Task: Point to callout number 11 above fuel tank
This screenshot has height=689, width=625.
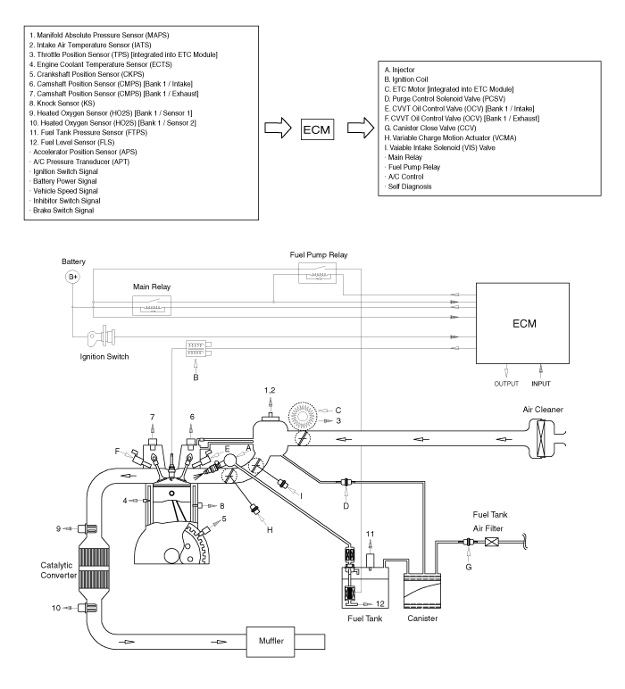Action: tap(370, 532)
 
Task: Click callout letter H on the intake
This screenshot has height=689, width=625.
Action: tap(270, 528)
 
